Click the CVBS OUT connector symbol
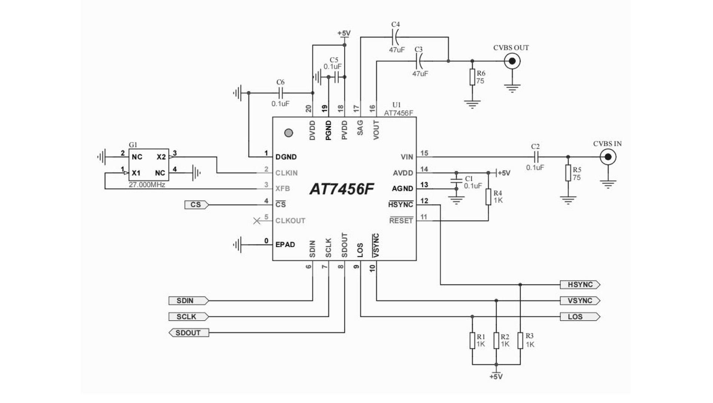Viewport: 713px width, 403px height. (x=512, y=61)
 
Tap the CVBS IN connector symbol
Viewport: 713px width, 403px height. (x=608, y=157)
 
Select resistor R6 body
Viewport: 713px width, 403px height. (x=472, y=77)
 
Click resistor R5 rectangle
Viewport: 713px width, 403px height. (x=568, y=173)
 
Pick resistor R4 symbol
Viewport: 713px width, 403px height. (x=488, y=197)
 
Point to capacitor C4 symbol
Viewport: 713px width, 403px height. (x=395, y=37)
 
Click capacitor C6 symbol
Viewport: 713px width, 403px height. (x=281, y=93)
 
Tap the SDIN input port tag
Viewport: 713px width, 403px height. (x=189, y=300)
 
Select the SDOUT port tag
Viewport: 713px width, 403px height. (x=189, y=333)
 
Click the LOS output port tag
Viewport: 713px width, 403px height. (x=580, y=317)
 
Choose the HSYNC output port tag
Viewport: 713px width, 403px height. (x=580, y=285)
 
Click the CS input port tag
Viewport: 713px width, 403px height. (x=197, y=205)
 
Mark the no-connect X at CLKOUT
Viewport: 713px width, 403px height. (x=257, y=221)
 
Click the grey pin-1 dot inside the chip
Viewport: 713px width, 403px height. (x=289, y=133)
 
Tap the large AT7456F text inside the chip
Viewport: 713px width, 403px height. (x=342, y=189)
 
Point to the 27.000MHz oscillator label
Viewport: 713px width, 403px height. (x=147, y=185)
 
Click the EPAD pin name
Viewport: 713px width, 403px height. (x=285, y=245)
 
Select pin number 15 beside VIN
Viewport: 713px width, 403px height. (x=424, y=153)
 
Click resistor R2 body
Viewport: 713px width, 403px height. (x=496, y=341)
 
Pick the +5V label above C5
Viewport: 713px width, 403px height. (x=344, y=33)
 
